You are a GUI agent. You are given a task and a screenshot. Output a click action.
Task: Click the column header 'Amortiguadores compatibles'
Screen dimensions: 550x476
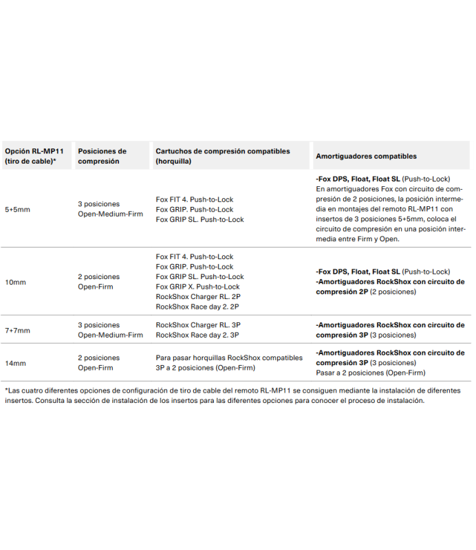366,157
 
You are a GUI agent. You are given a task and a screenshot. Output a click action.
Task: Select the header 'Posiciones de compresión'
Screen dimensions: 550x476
102,156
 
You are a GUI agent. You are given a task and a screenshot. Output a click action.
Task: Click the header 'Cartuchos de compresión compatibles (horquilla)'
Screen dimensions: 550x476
223,156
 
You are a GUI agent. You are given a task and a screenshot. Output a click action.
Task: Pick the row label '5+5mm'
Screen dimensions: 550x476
17,209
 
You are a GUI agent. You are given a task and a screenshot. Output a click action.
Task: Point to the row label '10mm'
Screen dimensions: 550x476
15,282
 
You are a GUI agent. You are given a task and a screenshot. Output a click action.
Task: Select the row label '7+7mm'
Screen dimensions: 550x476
17,330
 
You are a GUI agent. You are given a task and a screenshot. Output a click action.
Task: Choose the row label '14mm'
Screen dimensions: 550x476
15,363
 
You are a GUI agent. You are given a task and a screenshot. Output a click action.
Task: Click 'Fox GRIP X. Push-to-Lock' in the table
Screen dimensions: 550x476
197,287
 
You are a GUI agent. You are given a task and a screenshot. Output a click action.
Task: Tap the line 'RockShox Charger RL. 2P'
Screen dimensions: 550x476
198,297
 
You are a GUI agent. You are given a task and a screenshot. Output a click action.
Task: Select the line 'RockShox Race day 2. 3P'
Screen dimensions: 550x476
197,335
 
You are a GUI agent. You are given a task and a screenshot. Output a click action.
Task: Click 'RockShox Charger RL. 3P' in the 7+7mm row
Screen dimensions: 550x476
198,325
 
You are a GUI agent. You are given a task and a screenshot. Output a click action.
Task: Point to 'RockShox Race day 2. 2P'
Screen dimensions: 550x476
197,307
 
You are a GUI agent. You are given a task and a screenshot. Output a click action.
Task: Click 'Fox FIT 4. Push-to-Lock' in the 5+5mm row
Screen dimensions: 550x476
195,199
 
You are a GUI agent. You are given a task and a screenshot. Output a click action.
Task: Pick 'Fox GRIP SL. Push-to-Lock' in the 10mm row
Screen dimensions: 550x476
199,276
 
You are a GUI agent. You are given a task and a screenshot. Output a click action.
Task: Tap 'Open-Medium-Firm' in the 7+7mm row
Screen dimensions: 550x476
110,335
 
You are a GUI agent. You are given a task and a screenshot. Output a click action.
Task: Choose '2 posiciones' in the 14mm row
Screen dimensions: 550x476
98,358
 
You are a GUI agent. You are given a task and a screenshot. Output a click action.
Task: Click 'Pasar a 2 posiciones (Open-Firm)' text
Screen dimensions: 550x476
370,373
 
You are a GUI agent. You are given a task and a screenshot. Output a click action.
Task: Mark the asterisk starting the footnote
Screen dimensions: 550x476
6,390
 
